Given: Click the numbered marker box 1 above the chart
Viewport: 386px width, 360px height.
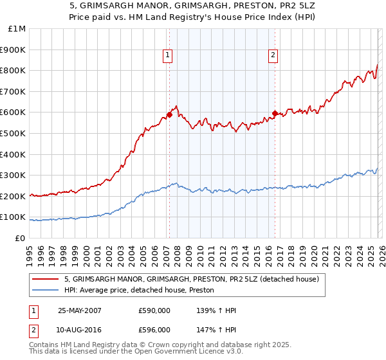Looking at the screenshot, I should coord(167,56).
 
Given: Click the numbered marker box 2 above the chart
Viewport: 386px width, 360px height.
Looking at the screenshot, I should coord(273,56).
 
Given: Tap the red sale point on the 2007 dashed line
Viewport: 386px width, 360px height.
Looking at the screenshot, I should coord(169,114).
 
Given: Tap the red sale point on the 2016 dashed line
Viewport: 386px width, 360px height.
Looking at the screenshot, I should coord(275,113).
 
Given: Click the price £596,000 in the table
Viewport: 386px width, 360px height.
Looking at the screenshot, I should coord(154,329).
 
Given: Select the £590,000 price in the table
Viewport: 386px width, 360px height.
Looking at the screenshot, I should coord(154,310).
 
